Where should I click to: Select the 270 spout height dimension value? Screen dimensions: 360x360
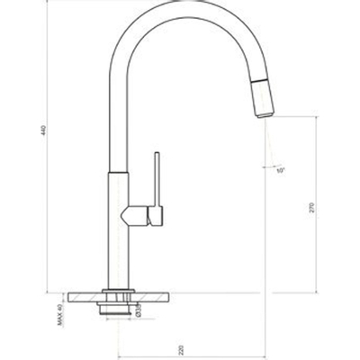coord(311,206)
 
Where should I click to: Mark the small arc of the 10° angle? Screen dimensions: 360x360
coord(270,165)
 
